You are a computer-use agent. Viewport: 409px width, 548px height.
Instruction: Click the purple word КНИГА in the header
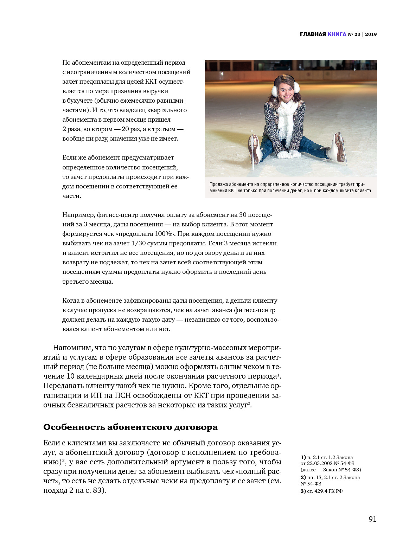tap(337, 34)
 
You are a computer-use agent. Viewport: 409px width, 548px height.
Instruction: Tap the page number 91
tap(372, 519)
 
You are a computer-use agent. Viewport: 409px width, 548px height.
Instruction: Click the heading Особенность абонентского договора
tap(130, 427)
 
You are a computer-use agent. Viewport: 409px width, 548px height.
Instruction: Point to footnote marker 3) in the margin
tap(303, 491)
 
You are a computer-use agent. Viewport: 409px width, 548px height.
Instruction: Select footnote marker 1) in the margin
tap(303, 457)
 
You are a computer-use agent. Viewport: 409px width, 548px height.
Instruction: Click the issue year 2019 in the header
tap(371, 34)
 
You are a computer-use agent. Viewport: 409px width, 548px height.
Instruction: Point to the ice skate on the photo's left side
tap(254, 149)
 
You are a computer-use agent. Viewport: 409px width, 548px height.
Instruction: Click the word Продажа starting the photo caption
tap(218, 184)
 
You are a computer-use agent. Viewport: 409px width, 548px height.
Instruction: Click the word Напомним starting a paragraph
tap(72, 348)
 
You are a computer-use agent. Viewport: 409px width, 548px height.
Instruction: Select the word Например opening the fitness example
tap(78, 215)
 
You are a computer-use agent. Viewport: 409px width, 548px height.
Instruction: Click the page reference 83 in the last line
tap(97, 490)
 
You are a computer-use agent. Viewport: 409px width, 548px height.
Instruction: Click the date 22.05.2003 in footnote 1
tap(320, 463)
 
